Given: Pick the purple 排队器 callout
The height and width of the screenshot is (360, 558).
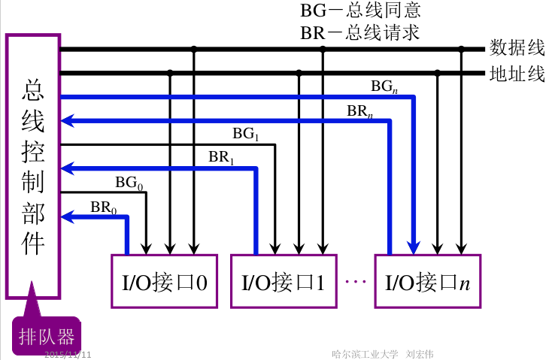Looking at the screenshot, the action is pos(47,334).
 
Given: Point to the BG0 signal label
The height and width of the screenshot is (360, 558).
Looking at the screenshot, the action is pos(129,183).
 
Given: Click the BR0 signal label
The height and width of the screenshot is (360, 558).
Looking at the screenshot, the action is pos(104,207).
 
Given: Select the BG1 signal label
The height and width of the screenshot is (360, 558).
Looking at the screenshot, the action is pos(246,134).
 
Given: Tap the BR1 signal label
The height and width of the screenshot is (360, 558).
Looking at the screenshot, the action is pos(221,157).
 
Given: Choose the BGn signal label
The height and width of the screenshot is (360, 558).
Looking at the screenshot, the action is pos(384,86).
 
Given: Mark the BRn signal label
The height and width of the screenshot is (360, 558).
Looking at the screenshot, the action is pos(360,111).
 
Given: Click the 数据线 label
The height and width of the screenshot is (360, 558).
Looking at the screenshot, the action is pos(517,47).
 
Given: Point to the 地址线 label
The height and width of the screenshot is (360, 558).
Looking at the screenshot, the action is pos(517,74).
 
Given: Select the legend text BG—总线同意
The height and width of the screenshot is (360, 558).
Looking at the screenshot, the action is pos(360,11).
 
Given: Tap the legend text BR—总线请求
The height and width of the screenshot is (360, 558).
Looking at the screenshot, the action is pos(359,33).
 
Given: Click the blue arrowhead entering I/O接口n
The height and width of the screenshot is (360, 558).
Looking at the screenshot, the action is pos(414,247).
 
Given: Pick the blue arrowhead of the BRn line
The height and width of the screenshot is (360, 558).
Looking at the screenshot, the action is pos(68,121).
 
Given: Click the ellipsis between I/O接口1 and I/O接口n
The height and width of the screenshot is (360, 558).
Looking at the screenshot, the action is pos(356,281).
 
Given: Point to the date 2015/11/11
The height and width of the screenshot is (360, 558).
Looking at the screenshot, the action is pos(68,354).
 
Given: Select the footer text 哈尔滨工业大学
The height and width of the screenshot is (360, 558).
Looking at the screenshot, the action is pos(365,354).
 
